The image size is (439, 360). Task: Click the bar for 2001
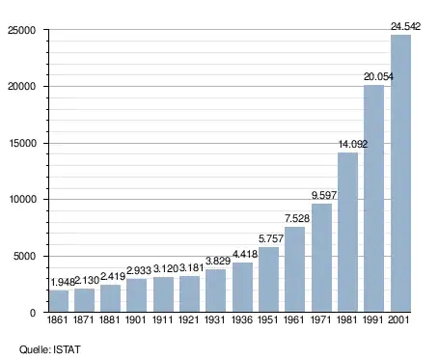[400, 174]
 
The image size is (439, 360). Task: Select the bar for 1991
[373, 199]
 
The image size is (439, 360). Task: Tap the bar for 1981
[347, 233]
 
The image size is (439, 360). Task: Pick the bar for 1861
[59, 301]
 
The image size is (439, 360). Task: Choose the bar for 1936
[242, 288]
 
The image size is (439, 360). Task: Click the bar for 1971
[321, 258]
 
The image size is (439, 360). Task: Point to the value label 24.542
[405, 26]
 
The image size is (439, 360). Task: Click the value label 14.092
[353, 144]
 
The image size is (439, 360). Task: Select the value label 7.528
[297, 218]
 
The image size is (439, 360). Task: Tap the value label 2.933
[139, 270]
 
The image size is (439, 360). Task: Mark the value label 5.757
[271, 238]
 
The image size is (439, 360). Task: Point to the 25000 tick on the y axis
[22, 30]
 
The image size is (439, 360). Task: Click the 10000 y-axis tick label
[22, 200]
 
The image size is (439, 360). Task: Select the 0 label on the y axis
[33, 313]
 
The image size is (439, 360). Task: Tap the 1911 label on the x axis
[162, 319]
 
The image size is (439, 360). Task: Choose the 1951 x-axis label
[268, 319]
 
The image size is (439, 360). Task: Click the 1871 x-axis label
[84, 319]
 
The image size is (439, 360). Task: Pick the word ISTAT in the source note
[67, 349]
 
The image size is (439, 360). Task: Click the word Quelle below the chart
[35, 349]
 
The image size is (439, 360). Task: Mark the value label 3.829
[218, 261]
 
